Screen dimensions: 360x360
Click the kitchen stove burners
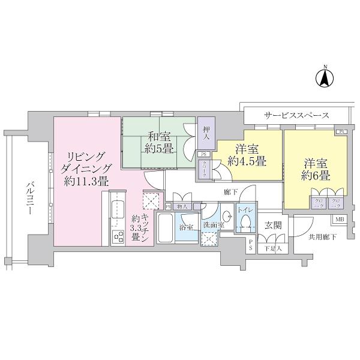point(118,236)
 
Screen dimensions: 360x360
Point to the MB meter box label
point(339,220)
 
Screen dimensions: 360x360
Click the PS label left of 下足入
point(251,245)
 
